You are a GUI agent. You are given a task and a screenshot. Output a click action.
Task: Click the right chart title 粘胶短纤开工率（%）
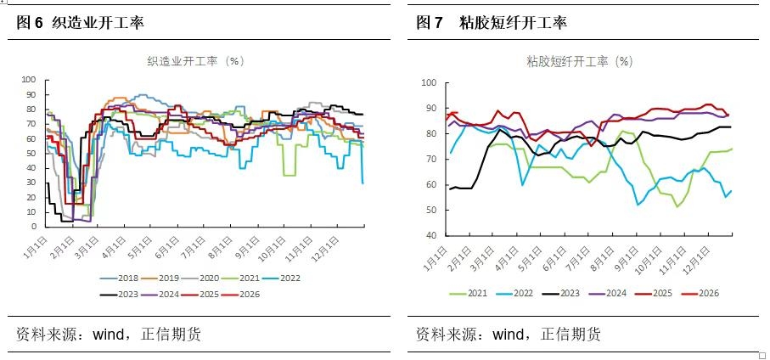pyautogui.click(x=579, y=61)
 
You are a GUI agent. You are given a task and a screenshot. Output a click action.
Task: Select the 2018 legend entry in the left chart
pyautogui.click(x=122, y=278)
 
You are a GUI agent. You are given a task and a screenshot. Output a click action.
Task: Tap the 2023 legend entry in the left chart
pyautogui.click(x=122, y=295)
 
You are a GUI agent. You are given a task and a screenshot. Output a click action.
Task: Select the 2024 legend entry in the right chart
pyautogui.click(x=608, y=293)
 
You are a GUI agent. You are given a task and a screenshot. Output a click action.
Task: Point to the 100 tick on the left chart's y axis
pyautogui.click(x=28, y=80)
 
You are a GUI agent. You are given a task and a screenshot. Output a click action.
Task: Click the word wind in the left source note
pyautogui.click(x=109, y=335)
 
